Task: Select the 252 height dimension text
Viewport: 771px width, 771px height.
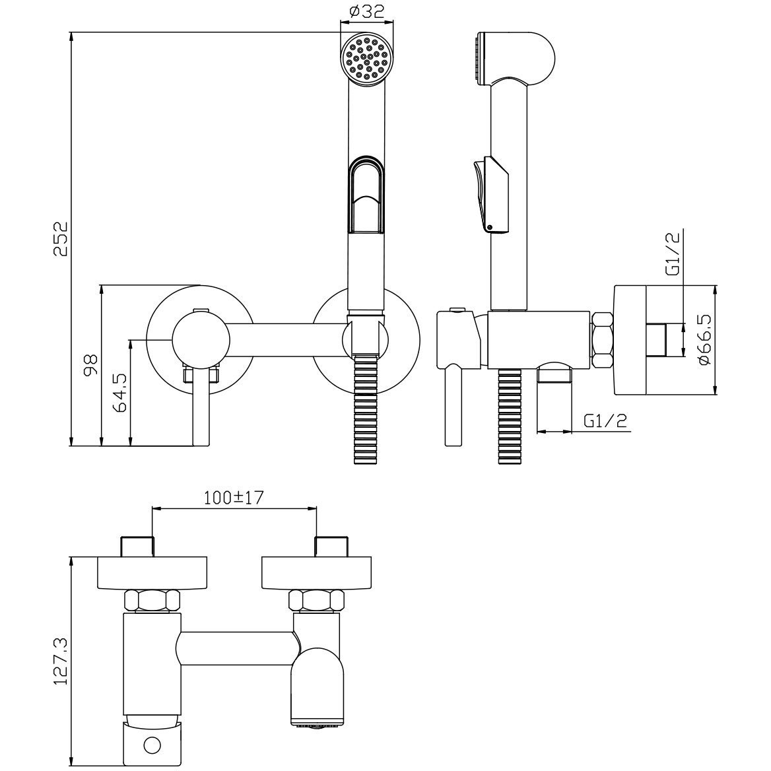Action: (60, 239)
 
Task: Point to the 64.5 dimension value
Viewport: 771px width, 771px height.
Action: (120, 392)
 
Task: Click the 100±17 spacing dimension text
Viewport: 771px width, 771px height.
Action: (234, 498)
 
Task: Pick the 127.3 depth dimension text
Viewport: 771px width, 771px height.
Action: (60, 662)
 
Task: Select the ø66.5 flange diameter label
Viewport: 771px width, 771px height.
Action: (704, 340)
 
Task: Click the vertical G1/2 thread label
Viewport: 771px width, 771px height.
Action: (672, 253)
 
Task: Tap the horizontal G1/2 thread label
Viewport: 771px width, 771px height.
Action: (606, 421)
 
